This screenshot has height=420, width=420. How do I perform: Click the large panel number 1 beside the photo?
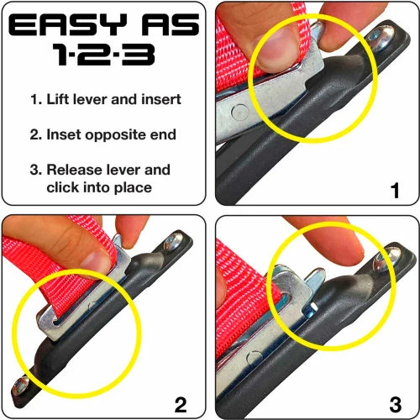[395, 191]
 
